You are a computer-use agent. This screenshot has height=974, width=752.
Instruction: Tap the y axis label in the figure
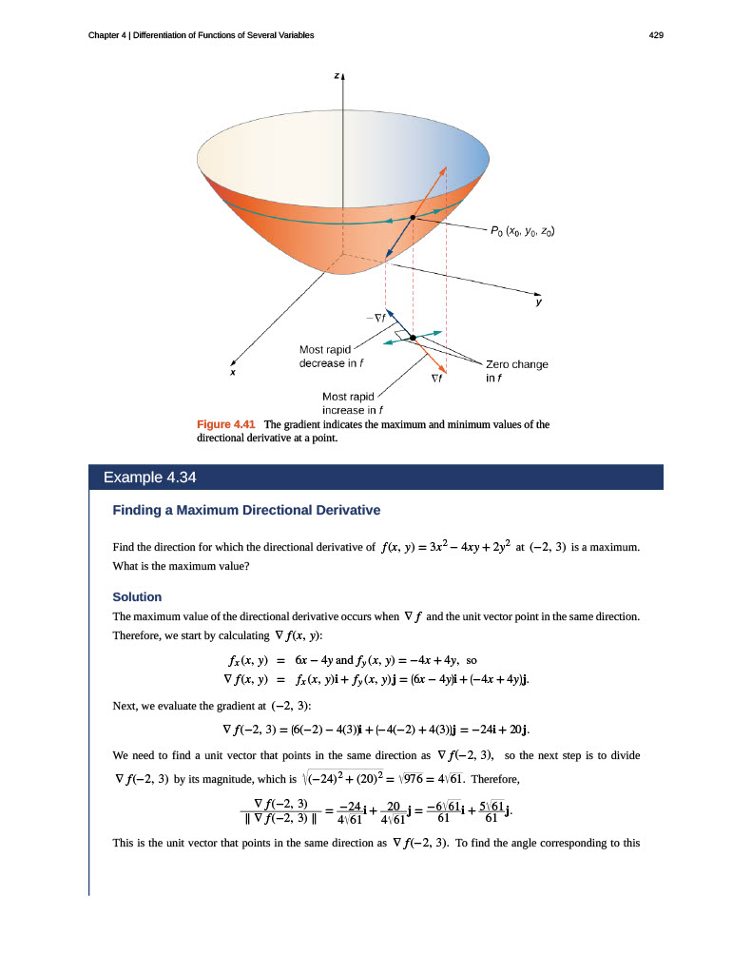[x=538, y=302]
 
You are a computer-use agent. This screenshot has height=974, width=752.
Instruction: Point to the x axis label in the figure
[x=232, y=373]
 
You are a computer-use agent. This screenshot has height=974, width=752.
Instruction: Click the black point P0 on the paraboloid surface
[x=413, y=219]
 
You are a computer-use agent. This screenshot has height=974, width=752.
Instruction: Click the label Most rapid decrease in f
[x=332, y=356]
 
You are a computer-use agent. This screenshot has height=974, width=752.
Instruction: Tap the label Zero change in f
[x=516, y=370]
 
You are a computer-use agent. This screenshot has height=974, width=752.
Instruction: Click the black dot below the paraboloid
[x=414, y=337]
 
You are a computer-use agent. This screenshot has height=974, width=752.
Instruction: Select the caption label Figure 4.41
[x=226, y=424]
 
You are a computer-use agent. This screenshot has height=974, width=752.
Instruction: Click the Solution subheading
[x=137, y=596]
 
